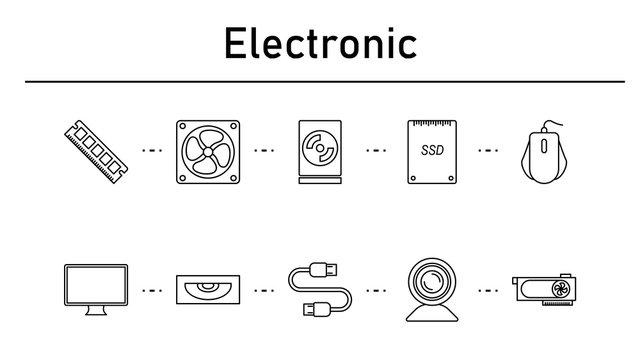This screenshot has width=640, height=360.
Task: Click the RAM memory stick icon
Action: (x=96, y=152)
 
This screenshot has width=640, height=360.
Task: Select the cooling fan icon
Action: (x=208, y=152)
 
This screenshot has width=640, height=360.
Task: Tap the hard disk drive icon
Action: (x=320, y=152)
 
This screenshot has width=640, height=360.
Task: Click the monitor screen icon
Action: (x=95, y=286)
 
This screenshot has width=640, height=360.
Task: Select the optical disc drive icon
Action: (x=208, y=290)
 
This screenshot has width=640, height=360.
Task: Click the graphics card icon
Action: (x=544, y=290)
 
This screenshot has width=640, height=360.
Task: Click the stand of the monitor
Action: (x=95, y=312)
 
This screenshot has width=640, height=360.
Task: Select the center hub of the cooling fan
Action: (x=208, y=152)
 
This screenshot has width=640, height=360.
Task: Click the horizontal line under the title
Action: (x=320, y=81)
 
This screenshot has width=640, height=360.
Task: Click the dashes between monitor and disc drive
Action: (x=152, y=291)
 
